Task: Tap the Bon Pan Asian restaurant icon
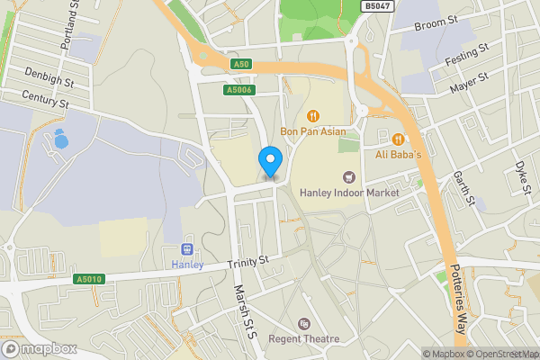pyautogui.click(x=313, y=115)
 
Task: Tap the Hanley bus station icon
pyautogui.click(x=188, y=248)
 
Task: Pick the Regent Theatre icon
pyautogui.click(x=303, y=324)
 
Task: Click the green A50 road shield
pyautogui.click(x=239, y=65)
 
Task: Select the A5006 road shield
pyautogui.click(x=238, y=89)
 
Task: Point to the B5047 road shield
pyautogui.click(x=376, y=5)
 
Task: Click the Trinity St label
pyautogui.click(x=248, y=262)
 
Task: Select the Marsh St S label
pyautogui.click(x=244, y=311)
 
